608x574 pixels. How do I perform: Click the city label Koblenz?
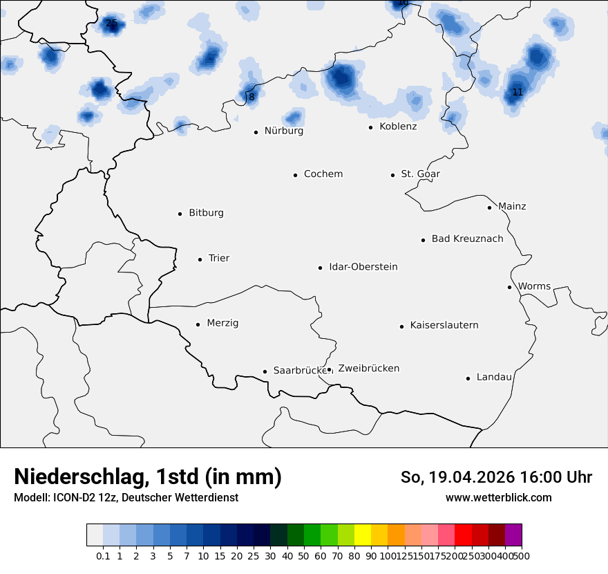tap(398, 127)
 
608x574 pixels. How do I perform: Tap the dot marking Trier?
tap(200, 259)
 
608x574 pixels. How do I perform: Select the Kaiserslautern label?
tap(444, 325)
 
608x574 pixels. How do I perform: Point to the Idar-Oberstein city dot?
tap(321, 268)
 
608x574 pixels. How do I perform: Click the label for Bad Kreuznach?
tap(467, 239)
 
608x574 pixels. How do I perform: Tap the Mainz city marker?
tap(489, 207)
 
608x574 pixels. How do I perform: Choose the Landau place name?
tap(494, 377)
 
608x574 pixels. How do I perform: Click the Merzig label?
tap(222, 323)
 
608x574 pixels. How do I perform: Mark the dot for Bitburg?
tap(180, 214)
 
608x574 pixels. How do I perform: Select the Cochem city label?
tap(323, 174)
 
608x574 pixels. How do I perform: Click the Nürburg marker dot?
tap(256, 132)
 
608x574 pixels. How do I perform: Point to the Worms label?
tap(534, 286)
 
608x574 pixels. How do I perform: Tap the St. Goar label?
tap(421, 174)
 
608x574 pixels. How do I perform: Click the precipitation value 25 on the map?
tap(111, 24)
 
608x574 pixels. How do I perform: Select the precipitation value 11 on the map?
tap(517, 92)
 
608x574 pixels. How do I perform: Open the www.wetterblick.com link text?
tap(498, 497)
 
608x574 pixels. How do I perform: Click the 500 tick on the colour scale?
tap(522, 555)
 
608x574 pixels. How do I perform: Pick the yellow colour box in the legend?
tap(363, 535)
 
